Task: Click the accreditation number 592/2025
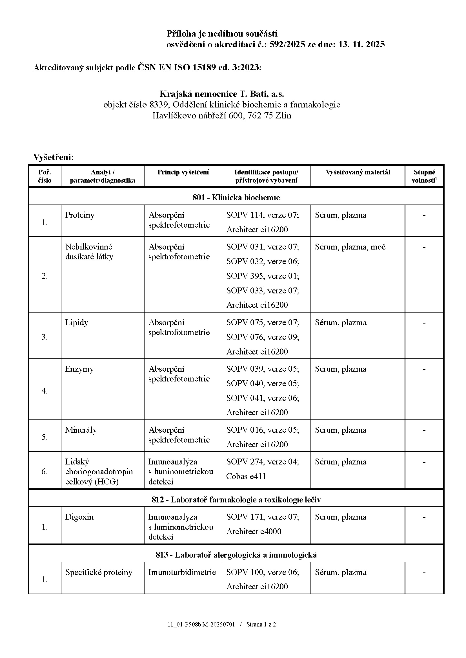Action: (287, 44)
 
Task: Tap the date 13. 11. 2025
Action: (361, 44)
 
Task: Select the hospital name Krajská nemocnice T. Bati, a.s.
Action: (221, 94)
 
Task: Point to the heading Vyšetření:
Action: (54, 157)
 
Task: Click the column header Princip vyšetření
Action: (183, 172)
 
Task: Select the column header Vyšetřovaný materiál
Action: (358, 172)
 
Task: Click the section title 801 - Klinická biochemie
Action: (236, 197)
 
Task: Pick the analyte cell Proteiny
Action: (80, 215)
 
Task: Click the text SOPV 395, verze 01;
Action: (263, 276)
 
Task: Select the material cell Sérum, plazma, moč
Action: (350, 247)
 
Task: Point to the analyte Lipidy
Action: (77, 322)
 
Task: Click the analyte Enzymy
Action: (79, 369)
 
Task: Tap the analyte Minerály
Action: (81, 430)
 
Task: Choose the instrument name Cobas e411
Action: (246, 476)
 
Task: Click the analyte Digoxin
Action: (79, 517)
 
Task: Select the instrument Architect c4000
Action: (254, 531)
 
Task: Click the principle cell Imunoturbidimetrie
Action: (182, 572)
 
